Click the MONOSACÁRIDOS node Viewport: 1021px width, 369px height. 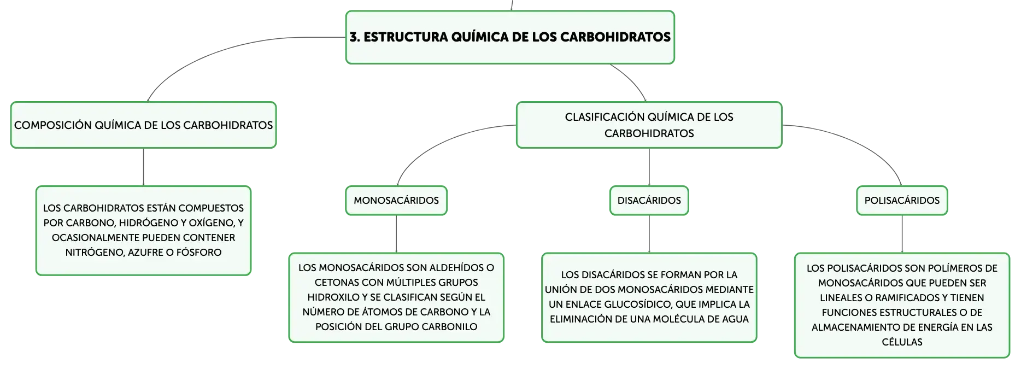(x=396, y=201)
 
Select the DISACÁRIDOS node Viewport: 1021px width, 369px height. (x=649, y=201)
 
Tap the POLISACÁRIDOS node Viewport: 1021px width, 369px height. (x=902, y=201)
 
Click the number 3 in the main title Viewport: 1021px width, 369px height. (x=354, y=37)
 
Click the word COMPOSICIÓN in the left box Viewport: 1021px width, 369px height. (x=53, y=125)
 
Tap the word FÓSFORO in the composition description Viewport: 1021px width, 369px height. (x=199, y=253)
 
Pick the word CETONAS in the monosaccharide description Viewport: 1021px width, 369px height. (x=335, y=283)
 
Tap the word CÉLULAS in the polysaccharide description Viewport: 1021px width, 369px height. (x=902, y=342)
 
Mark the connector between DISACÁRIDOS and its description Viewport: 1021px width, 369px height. (x=649, y=234)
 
